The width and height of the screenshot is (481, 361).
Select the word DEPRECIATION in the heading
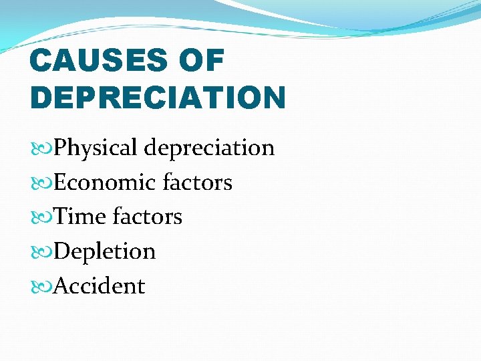point(158,98)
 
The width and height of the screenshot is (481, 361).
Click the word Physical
point(97,148)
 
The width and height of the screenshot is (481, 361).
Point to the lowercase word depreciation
point(210,148)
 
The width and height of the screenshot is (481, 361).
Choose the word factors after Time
point(148,217)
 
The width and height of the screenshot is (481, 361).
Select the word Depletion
point(104,251)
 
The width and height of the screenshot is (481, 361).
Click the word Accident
point(99,286)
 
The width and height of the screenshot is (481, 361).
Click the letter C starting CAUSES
point(41,62)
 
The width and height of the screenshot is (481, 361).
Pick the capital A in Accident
point(61,286)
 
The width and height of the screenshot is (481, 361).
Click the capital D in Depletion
point(62,251)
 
